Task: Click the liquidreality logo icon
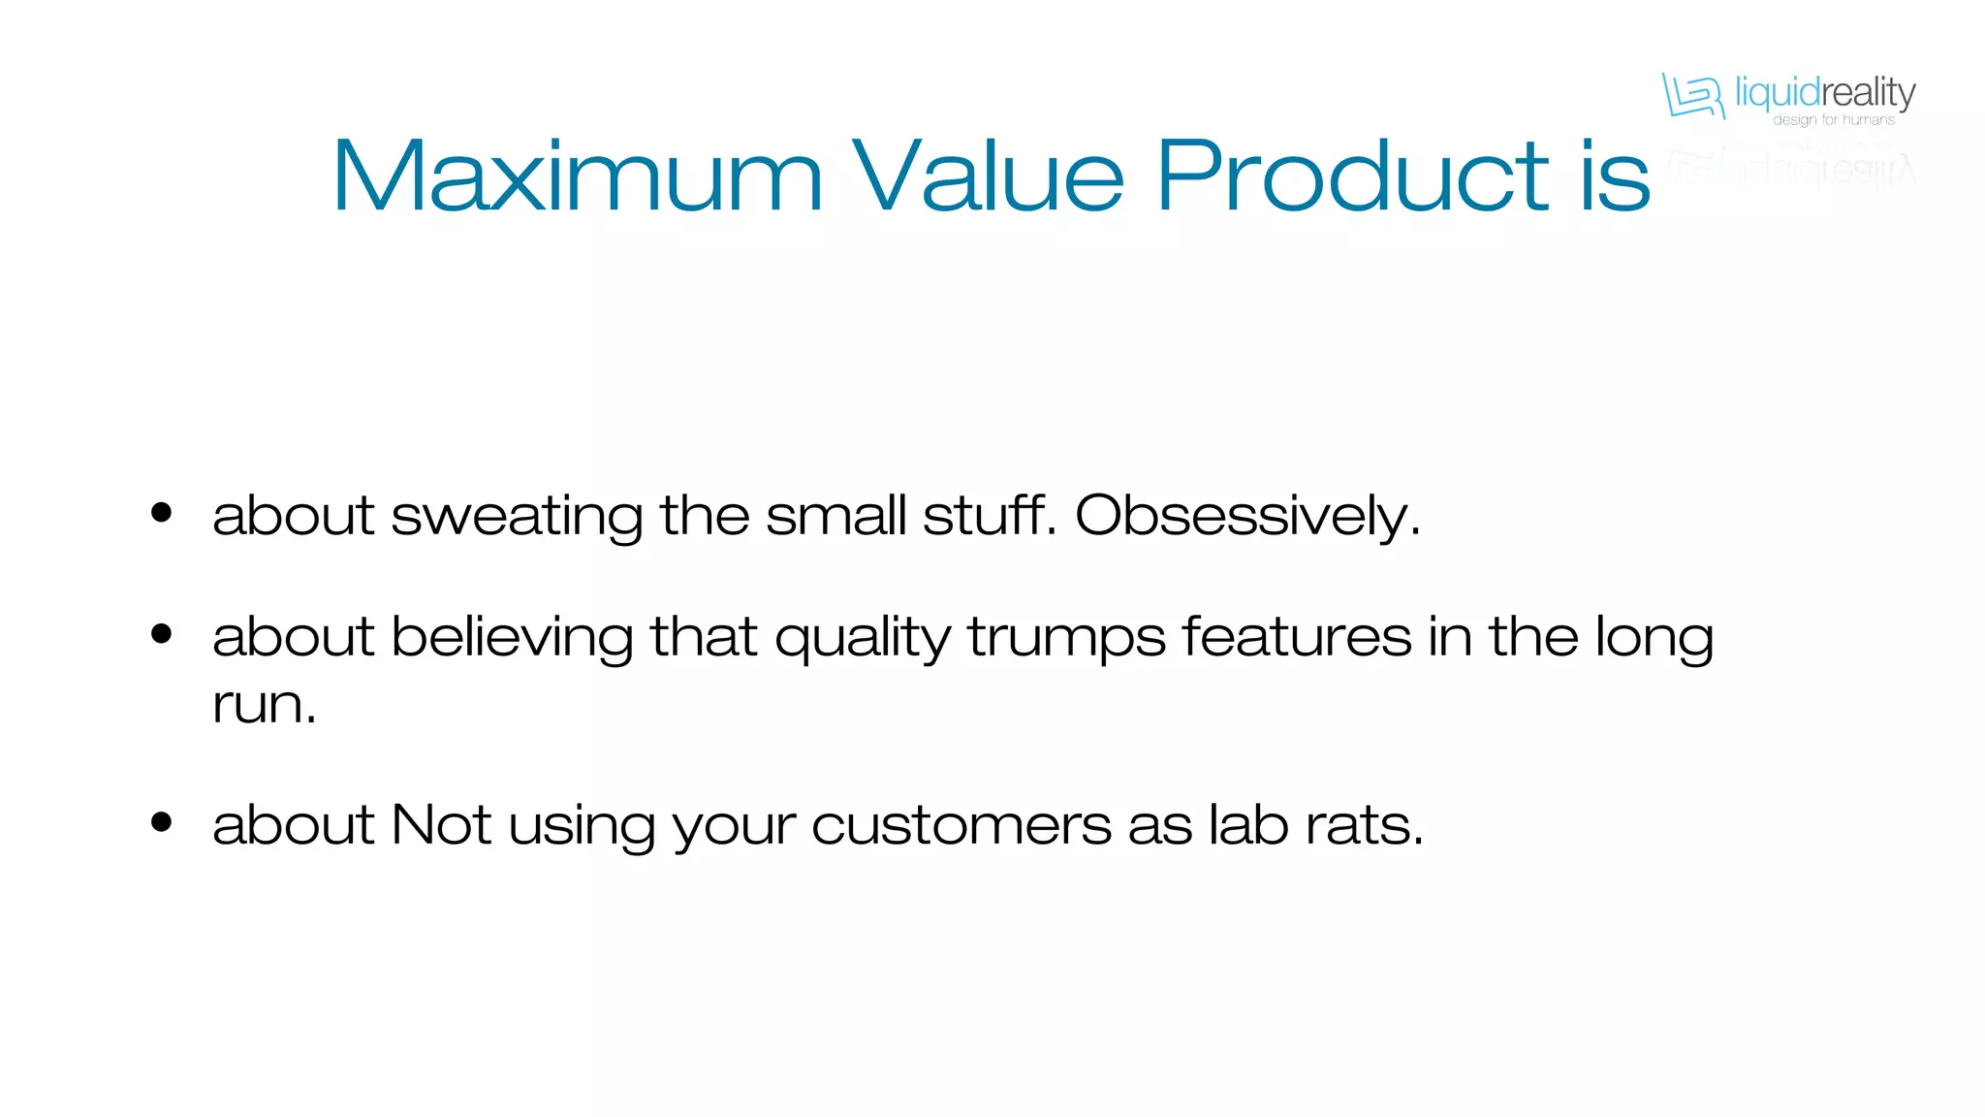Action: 1693,95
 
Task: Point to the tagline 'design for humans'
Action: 1833,120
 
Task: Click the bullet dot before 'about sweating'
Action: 162,513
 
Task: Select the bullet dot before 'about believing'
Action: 162,634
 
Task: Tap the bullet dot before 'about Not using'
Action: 162,822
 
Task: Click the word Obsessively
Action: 1247,515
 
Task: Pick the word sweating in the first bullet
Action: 517,517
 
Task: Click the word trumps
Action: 1066,639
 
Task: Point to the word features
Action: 1297,637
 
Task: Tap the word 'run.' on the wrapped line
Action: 265,705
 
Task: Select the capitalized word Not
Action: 441,825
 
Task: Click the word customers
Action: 961,826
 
